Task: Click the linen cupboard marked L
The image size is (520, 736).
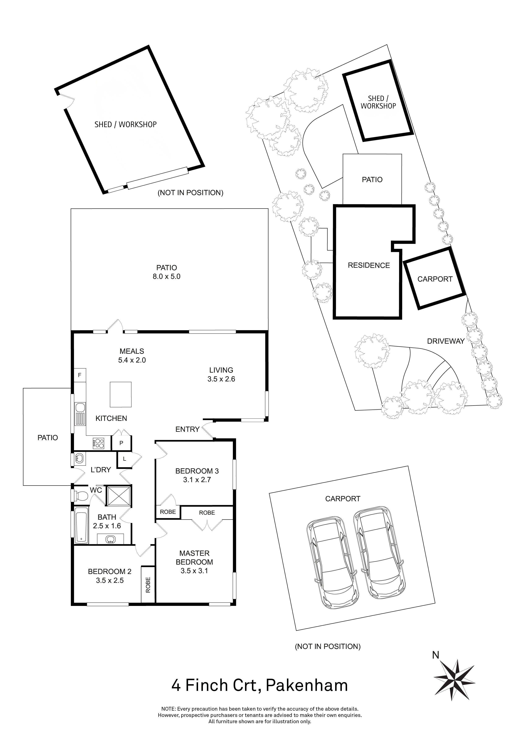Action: coord(124,459)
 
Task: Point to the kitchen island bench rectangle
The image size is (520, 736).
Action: coord(121,394)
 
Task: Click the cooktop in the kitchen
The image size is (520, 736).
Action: coord(99,443)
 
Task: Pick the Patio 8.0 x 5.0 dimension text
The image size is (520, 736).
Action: coord(166,276)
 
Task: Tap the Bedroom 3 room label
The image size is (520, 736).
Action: coord(197,471)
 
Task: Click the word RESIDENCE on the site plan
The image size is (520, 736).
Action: coord(369,265)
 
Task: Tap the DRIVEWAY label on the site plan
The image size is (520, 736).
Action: coord(446,341)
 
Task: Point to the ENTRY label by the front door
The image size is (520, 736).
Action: coord(187,429)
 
